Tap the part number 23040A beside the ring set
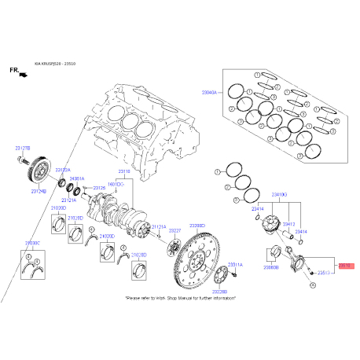tap(214, 93)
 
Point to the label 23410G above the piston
tap(279, 193)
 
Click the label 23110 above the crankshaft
tap(124, 171)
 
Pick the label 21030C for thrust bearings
tap(33, 243)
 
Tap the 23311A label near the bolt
tap(236, 265)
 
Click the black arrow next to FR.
tap(23, 73)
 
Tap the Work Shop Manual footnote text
tap(180, 299)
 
